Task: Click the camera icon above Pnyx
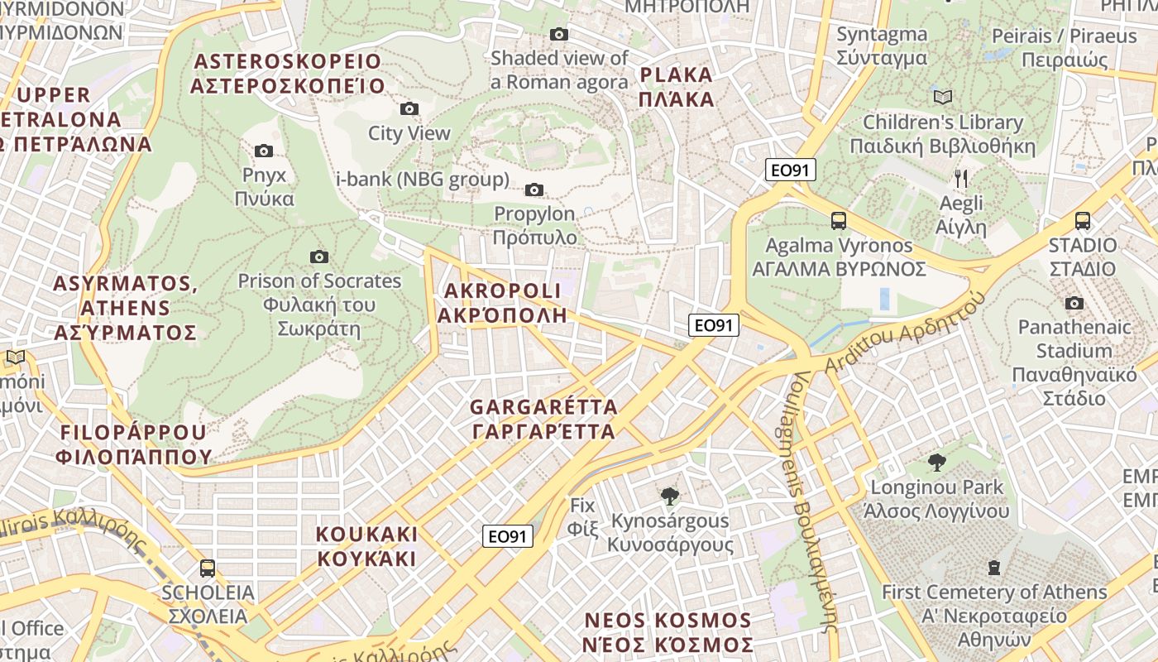(264, 151)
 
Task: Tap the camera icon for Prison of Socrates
(318, 257)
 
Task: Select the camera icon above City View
(409, 109)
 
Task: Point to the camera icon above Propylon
(534, 190)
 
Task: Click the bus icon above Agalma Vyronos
(839, 221)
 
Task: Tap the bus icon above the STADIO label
(1082, 221)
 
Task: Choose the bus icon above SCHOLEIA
(208, 568)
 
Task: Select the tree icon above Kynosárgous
(670, 496)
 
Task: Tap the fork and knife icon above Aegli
(961, 178)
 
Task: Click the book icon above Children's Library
(943, 98)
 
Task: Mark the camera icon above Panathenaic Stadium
(1074, 303)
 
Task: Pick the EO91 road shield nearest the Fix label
(508, 536)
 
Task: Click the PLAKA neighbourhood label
(676, 87)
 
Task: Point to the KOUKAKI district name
(366, 545)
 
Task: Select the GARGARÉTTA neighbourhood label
(543, 419)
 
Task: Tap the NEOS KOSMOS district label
(668, 632)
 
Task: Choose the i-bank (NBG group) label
(422, 180)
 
